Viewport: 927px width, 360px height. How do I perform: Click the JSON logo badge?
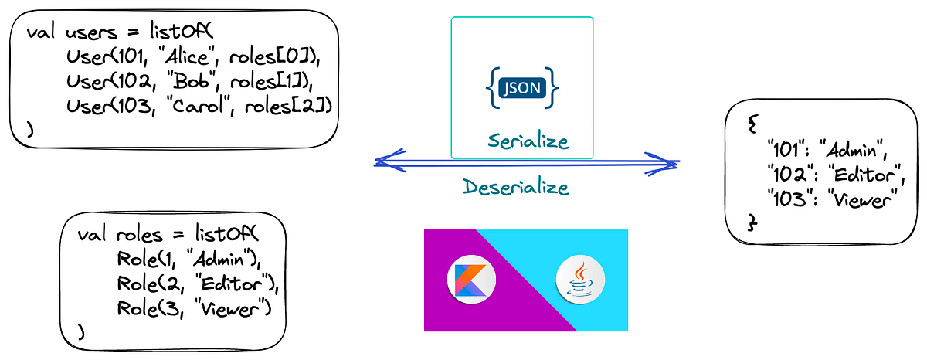[x=522, y=87]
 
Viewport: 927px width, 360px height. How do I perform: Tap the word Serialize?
[x=528, y=141]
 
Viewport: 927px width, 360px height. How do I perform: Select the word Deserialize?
[x=516, y=187]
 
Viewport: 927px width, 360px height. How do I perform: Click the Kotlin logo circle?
[x=471, y=281]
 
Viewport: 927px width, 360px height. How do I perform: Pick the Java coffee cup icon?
[x=580, y=281]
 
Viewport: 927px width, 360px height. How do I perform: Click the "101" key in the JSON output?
[x=786, y=147]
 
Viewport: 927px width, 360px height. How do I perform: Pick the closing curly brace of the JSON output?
[x=753, y=222]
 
